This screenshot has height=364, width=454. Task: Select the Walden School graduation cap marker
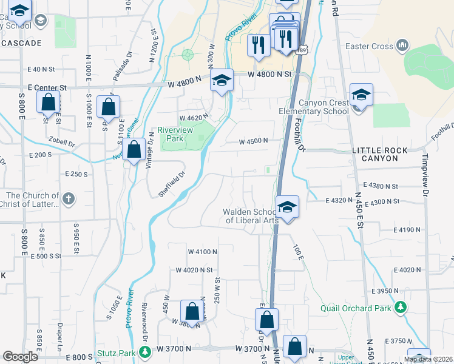tap(287, 207)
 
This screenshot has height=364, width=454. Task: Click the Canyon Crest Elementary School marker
tap(361, 95)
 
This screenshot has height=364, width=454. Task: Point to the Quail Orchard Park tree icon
tap(400, 308)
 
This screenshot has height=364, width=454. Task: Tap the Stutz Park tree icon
tap(144, 352)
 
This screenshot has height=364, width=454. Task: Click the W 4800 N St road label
tap(270, 74)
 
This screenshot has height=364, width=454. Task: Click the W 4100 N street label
tap(202, 251)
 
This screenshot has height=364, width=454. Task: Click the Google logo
tap(20, 356)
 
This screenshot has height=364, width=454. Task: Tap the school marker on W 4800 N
tap(222, 81)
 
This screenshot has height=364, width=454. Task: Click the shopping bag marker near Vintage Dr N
tap(134, 149)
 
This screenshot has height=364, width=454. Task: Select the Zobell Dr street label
tap(62, 144)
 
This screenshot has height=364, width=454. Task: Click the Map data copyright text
tap(427, 359)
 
